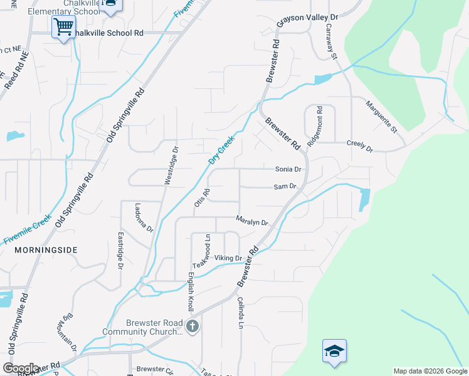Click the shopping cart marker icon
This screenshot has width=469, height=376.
point(63,27)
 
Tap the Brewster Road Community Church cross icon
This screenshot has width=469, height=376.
point(192,326)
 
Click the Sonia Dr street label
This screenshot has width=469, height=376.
point(288,169)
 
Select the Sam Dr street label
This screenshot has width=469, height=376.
point(285,187)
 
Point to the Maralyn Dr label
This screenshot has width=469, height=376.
point(252,221)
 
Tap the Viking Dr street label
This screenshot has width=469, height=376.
point(228,258)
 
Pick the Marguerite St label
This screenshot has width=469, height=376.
point(382,117)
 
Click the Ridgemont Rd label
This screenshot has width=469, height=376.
point(315,125)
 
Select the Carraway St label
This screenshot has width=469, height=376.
point(331,41)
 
